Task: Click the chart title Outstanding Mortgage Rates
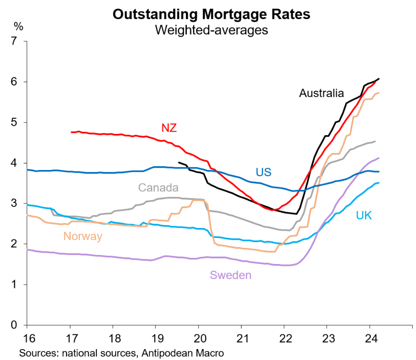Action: pyautogui.click(x=211, y=15)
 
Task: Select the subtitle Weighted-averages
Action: pyautogui.click(x=211, y=30)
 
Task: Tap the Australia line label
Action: pyautogui.click(x=321, y=93)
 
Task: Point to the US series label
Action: pyautogui.click(x=263, y=172)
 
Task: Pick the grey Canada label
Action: pyautogui.click(x=158, y=188)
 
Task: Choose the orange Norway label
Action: pyautogui.click(x=83, y=236)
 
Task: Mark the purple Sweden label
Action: pyautogui.click(x=230, y=275)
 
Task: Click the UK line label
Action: pyautogui.click(x=364, y=216)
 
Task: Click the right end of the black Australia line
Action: pyautogui.click(x=379, y=78)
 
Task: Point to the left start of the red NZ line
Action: pyautogui.click(x=71, y=132)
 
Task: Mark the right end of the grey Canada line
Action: pyautogui.click(x=376, y=141)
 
